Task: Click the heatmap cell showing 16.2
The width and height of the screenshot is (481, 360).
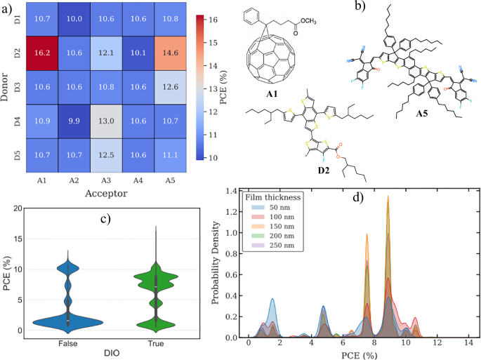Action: point(44,51)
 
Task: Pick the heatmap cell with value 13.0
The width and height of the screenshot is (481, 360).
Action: point(105,121)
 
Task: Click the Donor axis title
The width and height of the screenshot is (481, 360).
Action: point(6,86)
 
